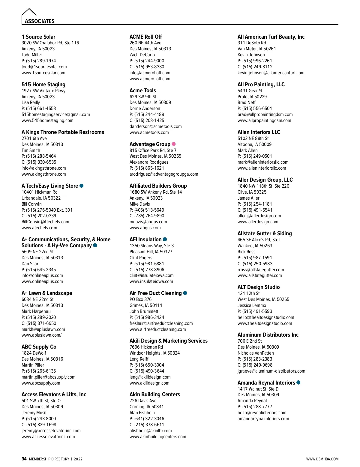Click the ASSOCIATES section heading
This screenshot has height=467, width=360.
point(40,21)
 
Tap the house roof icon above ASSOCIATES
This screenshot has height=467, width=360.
point(29,12)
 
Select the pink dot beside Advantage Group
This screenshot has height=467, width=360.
point(174,144)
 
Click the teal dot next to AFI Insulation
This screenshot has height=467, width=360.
point(165,239)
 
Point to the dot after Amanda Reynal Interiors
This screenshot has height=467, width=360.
point(298,382)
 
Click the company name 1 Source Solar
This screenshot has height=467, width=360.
point(38,37)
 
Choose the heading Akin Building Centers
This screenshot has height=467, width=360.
point(155,394)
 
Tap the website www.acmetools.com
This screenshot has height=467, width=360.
point(149,132)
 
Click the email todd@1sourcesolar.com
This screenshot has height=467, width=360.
point(44,67)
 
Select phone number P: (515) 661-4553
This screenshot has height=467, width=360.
point(39,109)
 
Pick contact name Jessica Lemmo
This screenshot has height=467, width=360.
point(252,305)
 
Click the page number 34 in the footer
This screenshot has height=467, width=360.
point(24,459)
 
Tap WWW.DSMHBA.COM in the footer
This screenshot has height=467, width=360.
point(322,459)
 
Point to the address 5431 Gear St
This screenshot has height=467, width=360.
point(250,91)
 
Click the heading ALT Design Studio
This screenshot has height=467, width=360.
point(259,287)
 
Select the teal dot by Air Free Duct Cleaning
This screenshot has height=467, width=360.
point(185,293)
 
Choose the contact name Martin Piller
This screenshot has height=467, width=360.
point(33,365)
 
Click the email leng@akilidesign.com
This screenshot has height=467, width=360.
point(150,377)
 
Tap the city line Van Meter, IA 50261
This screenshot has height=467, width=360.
point(256,49)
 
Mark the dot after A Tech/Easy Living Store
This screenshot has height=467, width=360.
point(81,186)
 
